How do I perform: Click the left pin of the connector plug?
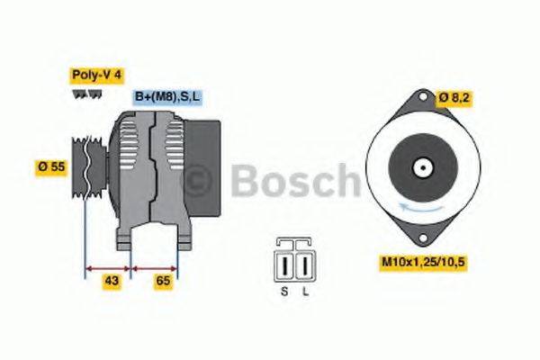287,266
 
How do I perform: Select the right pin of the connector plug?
304,266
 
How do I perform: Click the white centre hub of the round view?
421,167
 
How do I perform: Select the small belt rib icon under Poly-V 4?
80,93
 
